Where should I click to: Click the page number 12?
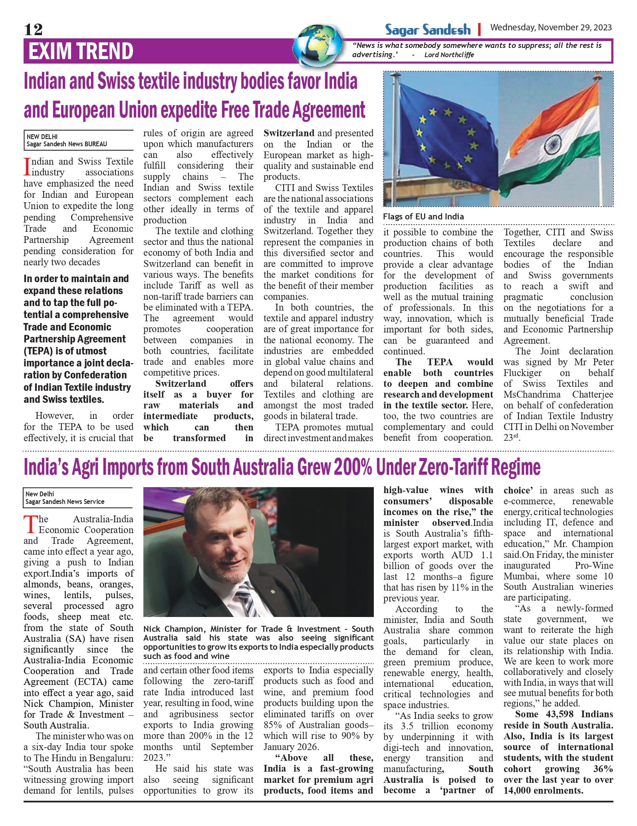pyautogui.click(x=33, y=30)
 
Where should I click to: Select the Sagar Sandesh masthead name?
pyautogui.click(x=428, y=30)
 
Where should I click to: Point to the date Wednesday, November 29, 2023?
pyautogui.click(x=551, y=28)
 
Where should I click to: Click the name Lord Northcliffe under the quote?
pyautogui.click(x=449, y=55)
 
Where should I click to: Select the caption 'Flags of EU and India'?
pyautogui.click(x=423, y=217)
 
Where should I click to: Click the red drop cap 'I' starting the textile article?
pyautogui.click(x=27, y=167)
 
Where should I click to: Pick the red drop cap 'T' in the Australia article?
pyautogui.click(x=30, y=524)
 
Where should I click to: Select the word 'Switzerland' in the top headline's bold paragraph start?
pyautogui.click(x=181, y=384)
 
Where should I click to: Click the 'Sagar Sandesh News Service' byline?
pyautogui.click(x=65, y=502)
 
